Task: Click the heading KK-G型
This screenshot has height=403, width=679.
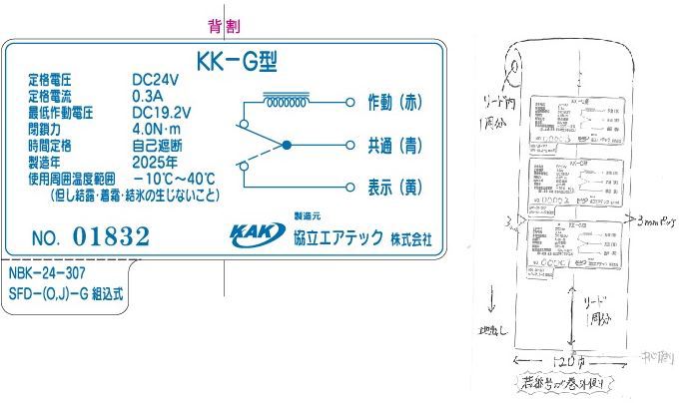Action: [x=233, y=62]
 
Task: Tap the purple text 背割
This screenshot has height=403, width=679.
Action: [x=224, y=26]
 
